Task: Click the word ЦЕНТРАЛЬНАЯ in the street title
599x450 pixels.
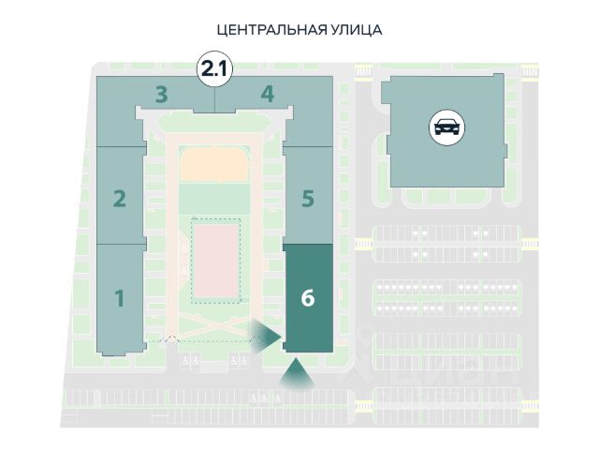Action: [x=271, y=30]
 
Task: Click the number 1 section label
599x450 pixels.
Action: [x=120, y=298]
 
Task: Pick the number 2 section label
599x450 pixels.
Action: [x=120, y=198]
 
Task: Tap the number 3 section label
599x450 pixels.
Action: [x=161, y=94]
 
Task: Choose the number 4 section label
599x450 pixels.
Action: [x=268, y=94]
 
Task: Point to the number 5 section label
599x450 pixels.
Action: [x=307, y=198]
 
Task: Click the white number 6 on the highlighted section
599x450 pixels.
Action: [x=307, y=298]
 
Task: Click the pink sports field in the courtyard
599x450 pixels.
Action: [x=215, y=260]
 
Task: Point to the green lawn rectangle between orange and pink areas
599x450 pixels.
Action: [x=214, y=199]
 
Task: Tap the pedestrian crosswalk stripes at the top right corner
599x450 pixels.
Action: [x=530, y=70]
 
